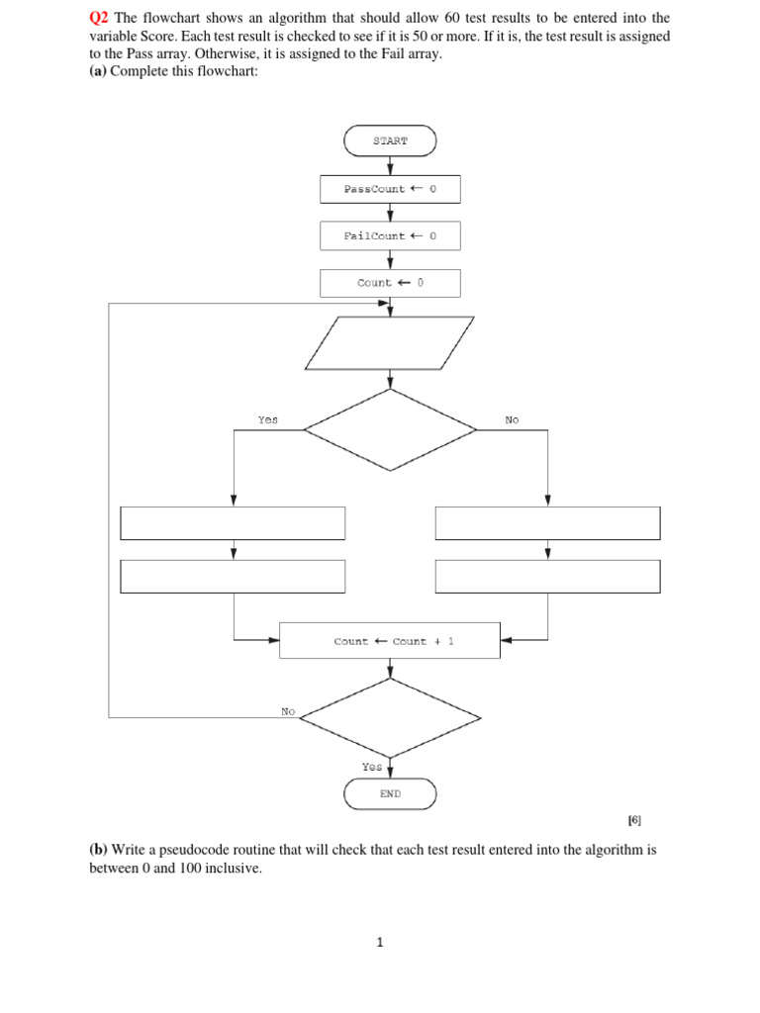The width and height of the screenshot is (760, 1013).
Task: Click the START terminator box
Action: point(390,140)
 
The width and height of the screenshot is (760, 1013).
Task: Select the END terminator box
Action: point(390,793)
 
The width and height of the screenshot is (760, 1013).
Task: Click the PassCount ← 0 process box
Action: point(390,189)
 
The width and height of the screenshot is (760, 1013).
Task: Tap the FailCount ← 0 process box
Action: point(390,235)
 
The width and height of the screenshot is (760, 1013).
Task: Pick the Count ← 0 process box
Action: point(390,283)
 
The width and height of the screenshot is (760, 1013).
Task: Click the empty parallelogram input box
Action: point(390,343)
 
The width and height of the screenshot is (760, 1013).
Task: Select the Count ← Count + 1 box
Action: point(390,641)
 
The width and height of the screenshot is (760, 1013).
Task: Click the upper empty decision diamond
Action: point(390,429)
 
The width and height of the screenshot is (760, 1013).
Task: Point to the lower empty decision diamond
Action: point(390,717)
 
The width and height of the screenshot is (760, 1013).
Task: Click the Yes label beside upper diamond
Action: point(267,420)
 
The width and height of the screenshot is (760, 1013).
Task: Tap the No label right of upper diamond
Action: point(512,420)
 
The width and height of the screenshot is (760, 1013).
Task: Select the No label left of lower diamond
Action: point(288,710)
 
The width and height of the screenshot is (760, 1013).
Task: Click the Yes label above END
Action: point(371,767)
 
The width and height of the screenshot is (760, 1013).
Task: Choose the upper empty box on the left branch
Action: point(233,523)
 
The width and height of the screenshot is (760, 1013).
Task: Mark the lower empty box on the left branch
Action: point(233,576)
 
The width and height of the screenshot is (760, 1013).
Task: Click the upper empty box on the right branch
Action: point(547,523)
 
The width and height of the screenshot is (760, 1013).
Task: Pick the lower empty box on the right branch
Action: point(547,576)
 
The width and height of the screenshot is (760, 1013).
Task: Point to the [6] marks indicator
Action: point(634,820)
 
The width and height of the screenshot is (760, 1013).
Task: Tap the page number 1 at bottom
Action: point(379,943)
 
